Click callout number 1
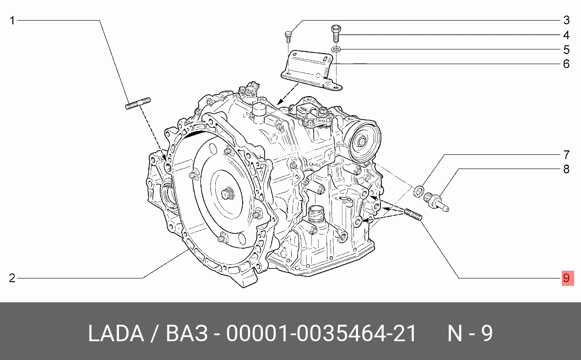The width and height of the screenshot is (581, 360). click(x=12, y=21)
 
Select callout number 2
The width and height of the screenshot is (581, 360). click(x=12, y=278)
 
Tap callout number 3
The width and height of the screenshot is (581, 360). click(x=566, y=20)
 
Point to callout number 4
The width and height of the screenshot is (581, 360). click(x=566, y=35)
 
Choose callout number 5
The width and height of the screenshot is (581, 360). click(x=566, y=49)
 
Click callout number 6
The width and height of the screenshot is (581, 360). click(x=566, y=64)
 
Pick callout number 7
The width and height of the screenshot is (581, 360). click(x=566, y=155)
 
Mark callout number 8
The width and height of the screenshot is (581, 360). click(x=566, y=169)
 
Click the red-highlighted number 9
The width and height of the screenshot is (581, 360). click(x=568, y=278)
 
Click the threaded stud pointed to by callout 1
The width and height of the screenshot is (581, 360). click(x=138, y=104)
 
